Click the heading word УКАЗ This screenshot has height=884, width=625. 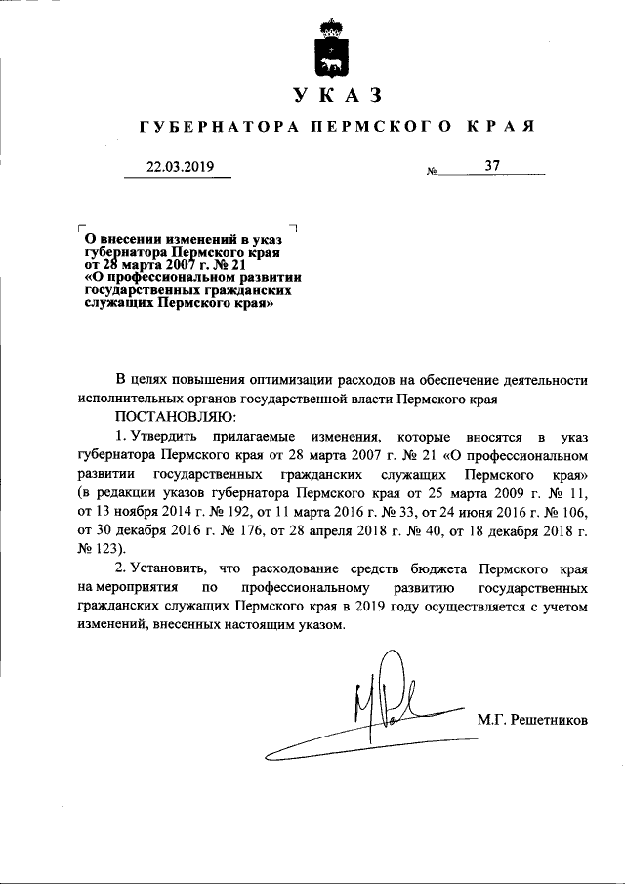[x=335, y=96]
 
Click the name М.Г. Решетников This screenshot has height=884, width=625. [x=533, y=720]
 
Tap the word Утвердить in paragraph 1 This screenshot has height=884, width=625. [x=172, y=437]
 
